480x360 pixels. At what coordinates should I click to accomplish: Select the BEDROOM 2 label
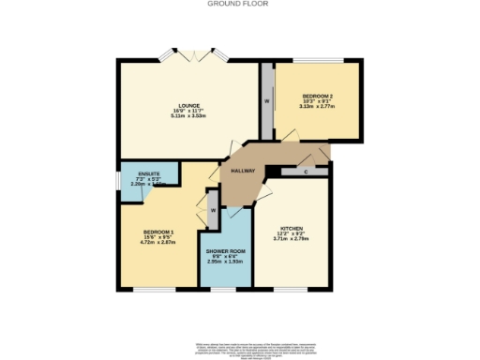(316, 96)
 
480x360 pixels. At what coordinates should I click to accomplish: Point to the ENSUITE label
(148, 174)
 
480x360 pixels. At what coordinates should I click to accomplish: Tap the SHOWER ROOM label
(224, 250)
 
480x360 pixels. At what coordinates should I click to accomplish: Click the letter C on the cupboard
(307, 172)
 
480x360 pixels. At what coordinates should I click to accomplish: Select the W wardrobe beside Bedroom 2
(267, 101)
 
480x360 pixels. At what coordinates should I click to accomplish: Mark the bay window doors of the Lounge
(195, 55)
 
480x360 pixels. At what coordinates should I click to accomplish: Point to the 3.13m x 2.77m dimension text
(317, 108)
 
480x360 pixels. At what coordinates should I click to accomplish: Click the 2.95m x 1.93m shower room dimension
(225, 262)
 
